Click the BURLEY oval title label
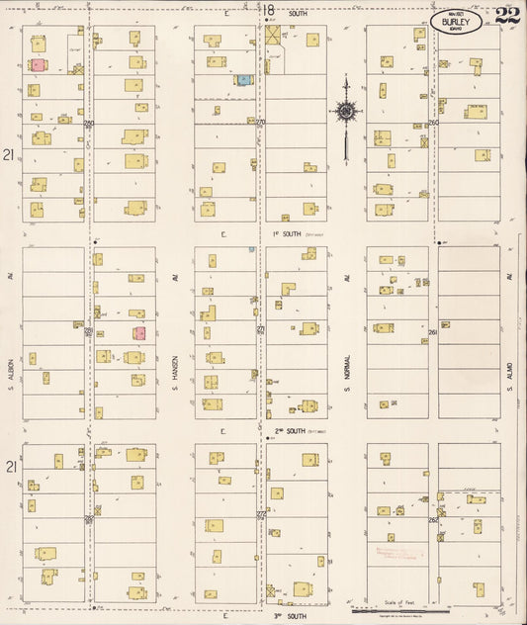(x=457, y=21)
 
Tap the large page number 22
(x=508, y=15)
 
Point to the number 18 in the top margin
(x=268, y=10)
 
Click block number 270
(x=261, y=123)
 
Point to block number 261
(x=433, y=333)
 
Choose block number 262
(x=433, y=519)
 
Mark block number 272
(x=261, y=514)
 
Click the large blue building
(x=242, y=78)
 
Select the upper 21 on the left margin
(x=8, y=155)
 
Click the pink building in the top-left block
(x=38, y=65)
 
